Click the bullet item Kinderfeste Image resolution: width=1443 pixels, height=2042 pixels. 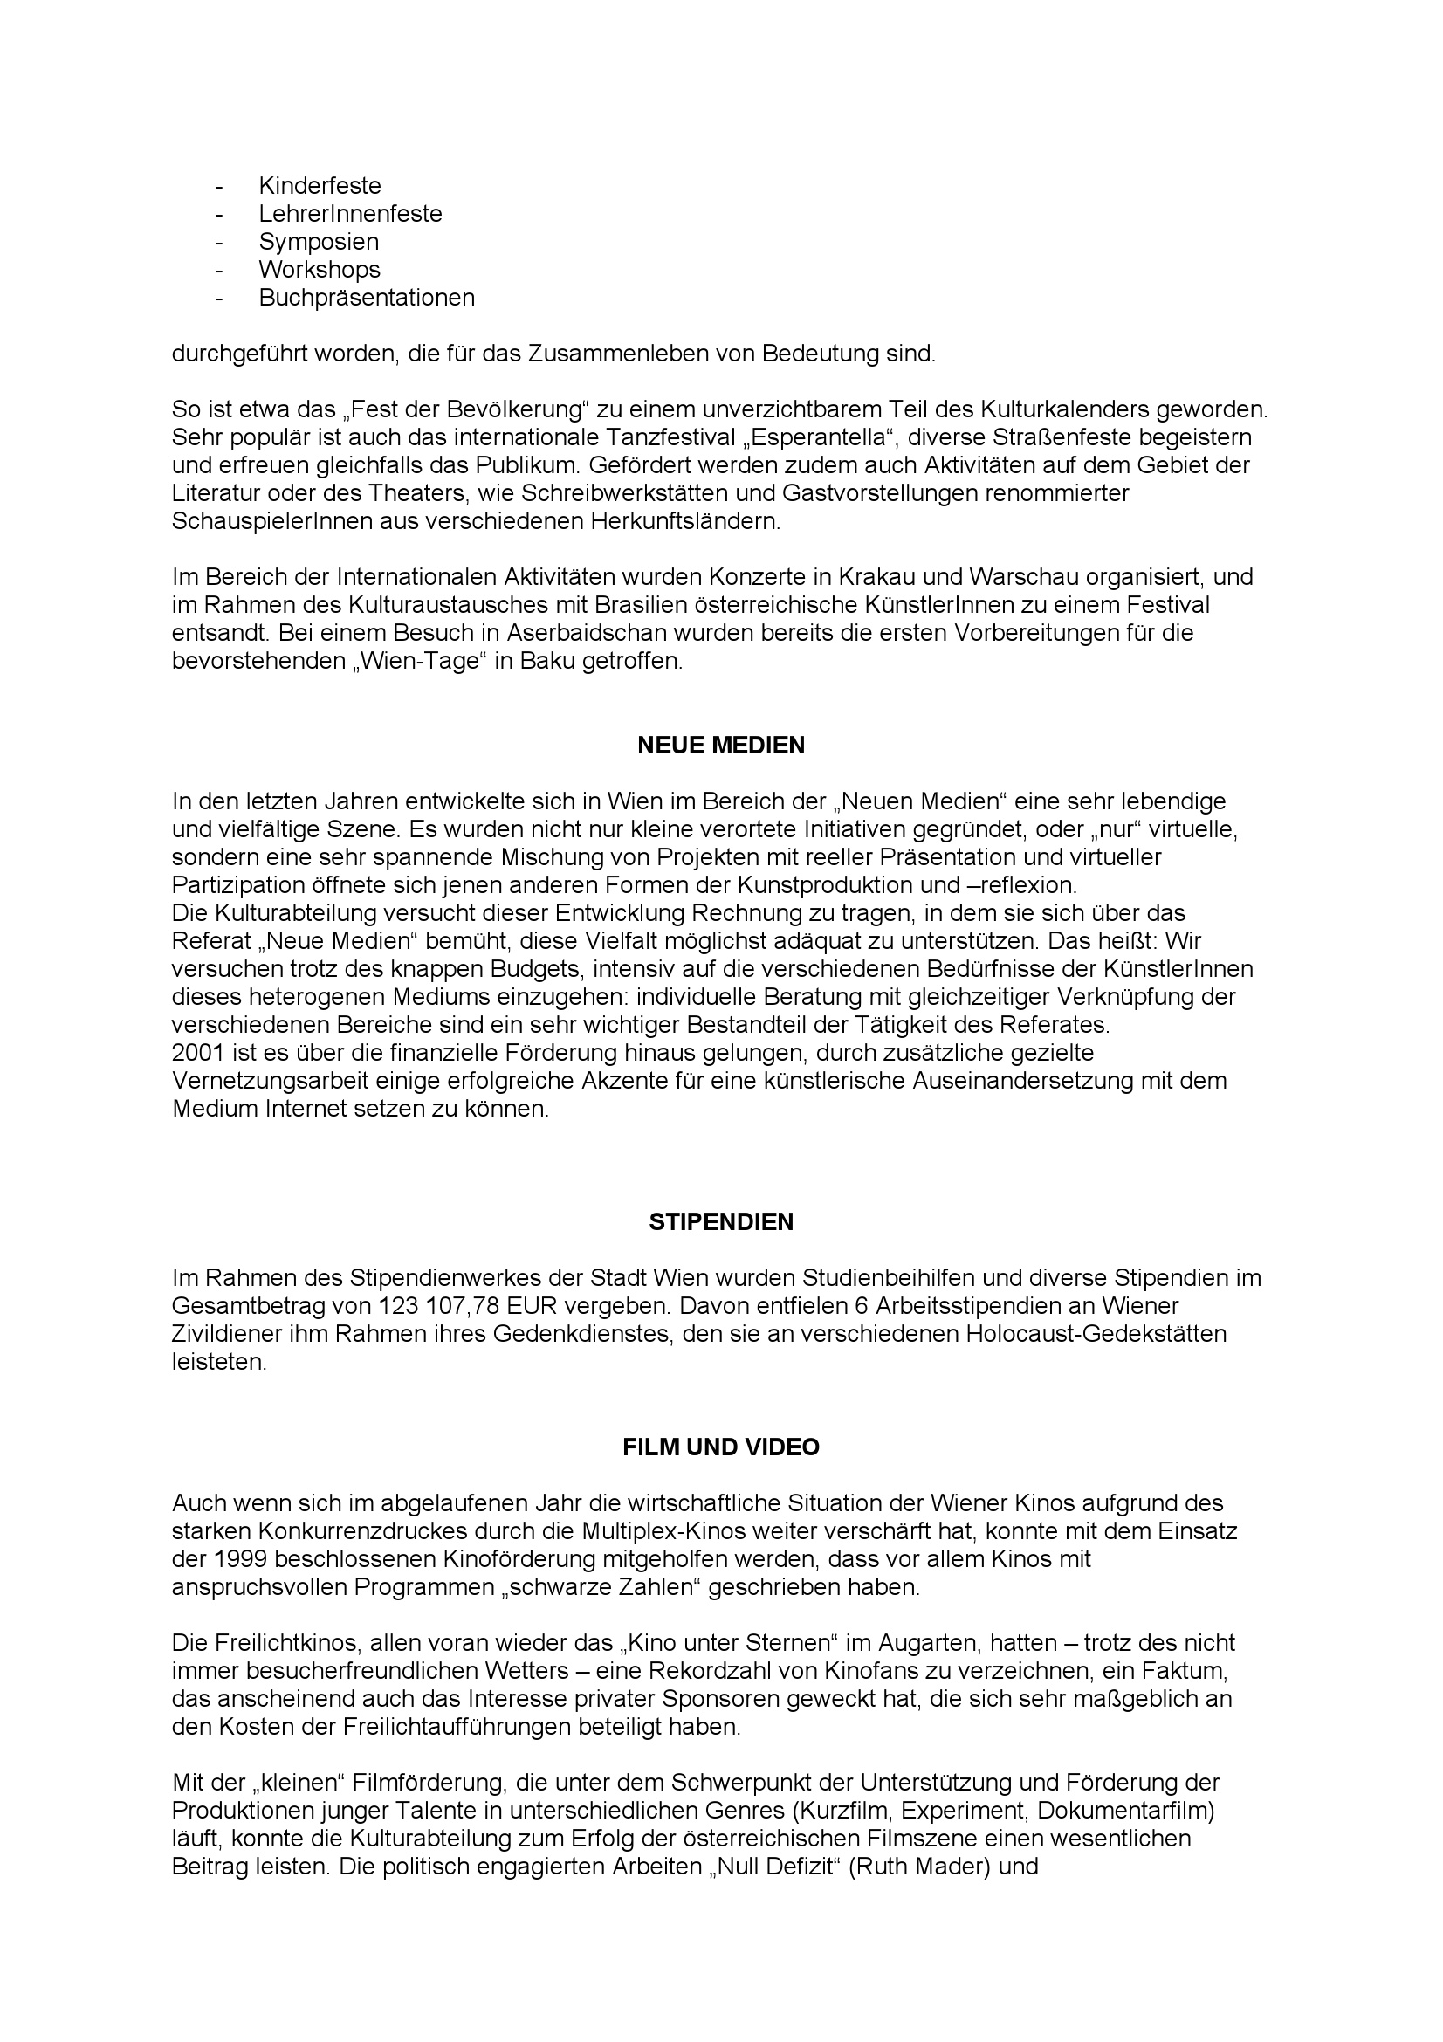point(320,186)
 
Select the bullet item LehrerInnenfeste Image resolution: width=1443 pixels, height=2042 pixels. point(350,215)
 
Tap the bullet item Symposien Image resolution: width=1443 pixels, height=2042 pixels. point(319,242)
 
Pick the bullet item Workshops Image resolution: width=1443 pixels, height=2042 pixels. point(320,270)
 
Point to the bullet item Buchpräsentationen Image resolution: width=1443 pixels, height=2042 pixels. point(367,298)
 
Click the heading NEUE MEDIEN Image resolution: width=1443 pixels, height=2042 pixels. point(721,746)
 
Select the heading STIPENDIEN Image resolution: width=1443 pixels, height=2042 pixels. point(721,1222)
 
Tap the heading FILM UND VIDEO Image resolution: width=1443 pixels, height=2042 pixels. point(721,1447)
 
